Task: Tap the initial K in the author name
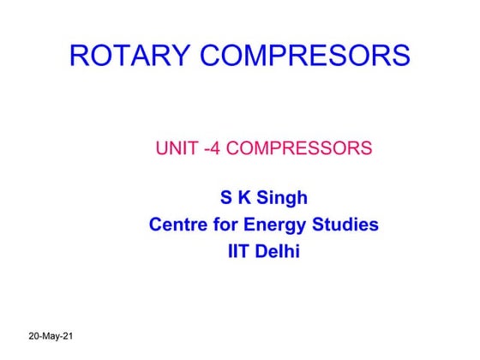click(244, 199)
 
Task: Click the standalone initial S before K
click(226, 199)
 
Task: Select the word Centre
click(177, 225)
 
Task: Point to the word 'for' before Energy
click(226, 225)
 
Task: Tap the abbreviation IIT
click(232, 253)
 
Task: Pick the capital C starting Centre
click(156, 225)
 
